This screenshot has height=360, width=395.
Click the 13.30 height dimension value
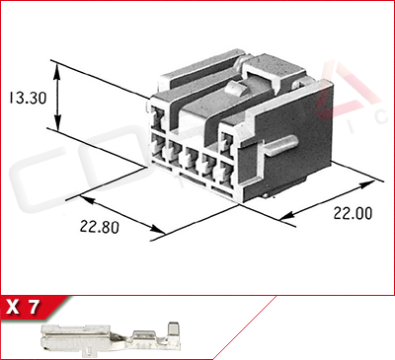point(28,98)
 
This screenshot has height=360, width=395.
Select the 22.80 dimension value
point(100,227)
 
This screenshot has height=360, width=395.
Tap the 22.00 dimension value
point(353,213)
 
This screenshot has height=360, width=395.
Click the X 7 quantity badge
point(23,308)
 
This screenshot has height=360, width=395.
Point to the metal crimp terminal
point(111,339)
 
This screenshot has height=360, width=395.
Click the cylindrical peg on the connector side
point(282,145)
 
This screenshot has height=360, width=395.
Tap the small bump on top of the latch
point(235,88)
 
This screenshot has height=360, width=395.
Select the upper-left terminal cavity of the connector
point(158,118)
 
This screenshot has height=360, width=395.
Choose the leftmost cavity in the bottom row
point(158,145)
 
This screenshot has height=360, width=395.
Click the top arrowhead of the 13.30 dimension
point(57,70)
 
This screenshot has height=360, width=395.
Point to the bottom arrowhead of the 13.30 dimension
point(57,122)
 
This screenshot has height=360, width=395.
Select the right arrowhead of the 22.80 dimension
point(157,229)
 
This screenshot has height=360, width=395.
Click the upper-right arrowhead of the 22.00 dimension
point(368,184)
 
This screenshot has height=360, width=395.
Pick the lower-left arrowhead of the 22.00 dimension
point(287,216)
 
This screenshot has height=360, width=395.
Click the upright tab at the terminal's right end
point(173,329)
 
